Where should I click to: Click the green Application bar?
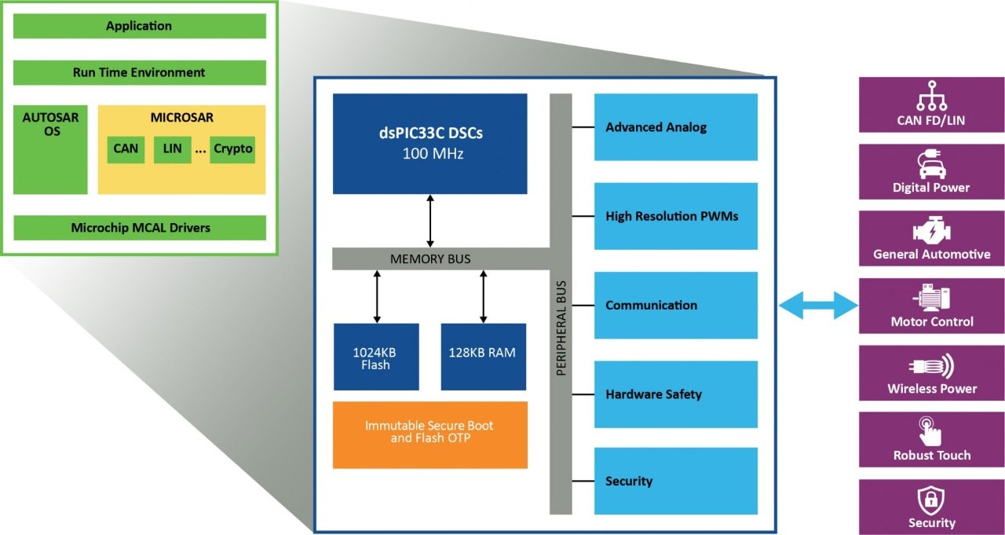139,26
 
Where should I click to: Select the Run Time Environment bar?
139,72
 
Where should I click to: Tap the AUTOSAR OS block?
50,149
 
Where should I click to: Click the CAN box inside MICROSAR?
126,148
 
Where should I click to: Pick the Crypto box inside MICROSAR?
233,148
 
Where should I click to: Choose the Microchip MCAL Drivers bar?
140,228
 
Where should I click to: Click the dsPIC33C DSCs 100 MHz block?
429,143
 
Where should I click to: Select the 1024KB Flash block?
376,357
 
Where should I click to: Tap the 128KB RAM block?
483,357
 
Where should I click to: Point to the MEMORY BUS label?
430,258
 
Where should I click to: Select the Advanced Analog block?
675,127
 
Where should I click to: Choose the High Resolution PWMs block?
675,216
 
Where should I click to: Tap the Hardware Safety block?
675,394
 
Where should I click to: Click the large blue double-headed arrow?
817,305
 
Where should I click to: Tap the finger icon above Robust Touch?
930,432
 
